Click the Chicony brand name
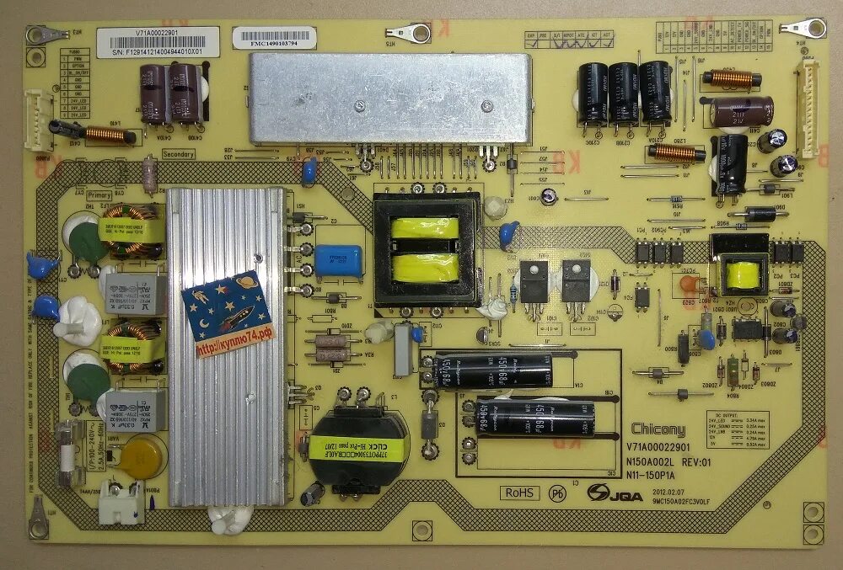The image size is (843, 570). [x=658, y=429]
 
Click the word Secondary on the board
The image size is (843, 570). [x=178, y=154]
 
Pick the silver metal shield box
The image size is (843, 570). [x=389, y=99]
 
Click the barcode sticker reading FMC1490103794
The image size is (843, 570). [x=277, y=38]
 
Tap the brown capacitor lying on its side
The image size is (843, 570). [x=742, y=111]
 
